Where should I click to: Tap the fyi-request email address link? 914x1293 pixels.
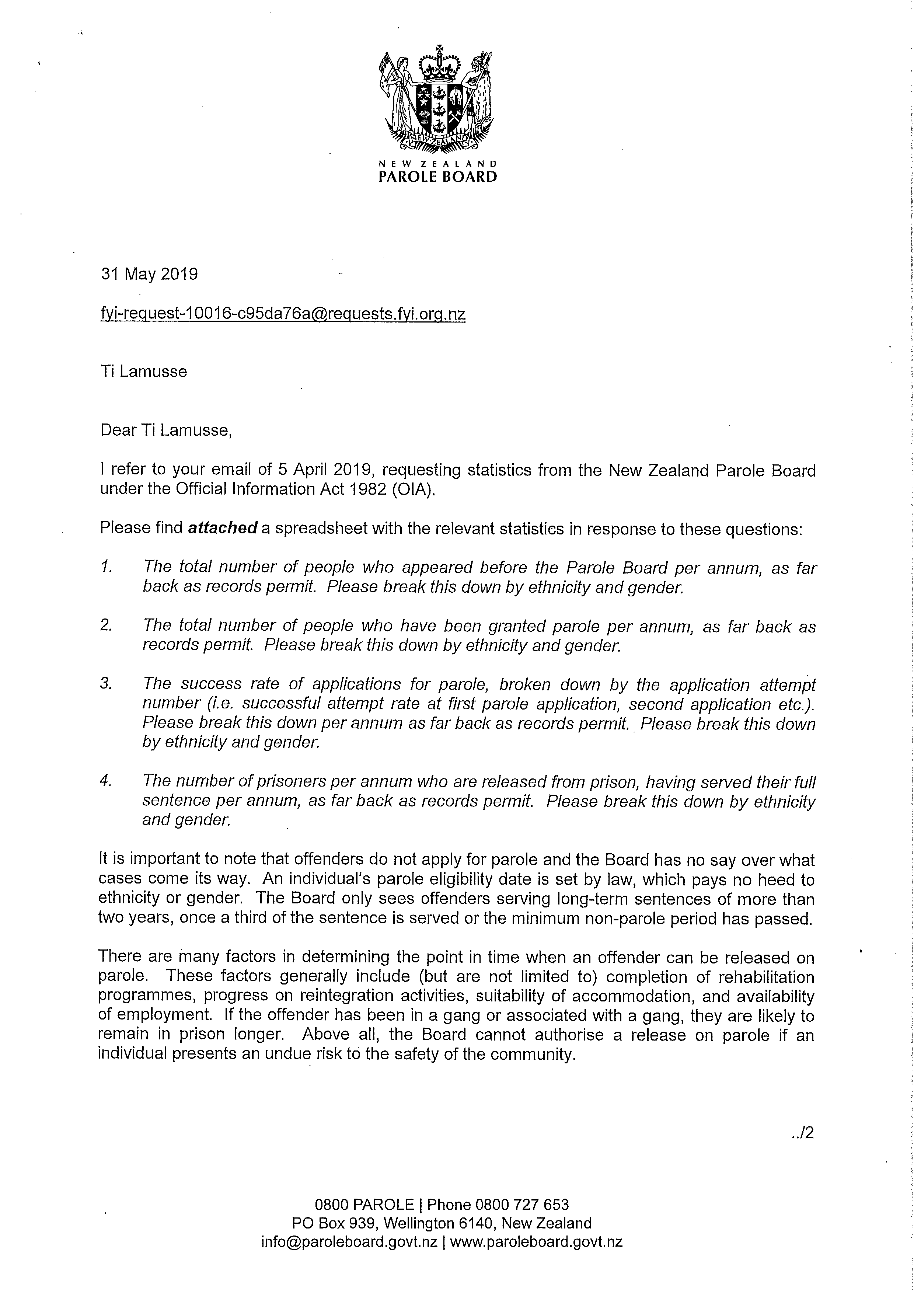click(x=283, y=314)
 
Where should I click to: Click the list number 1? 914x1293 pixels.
click(x=107, y=567)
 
